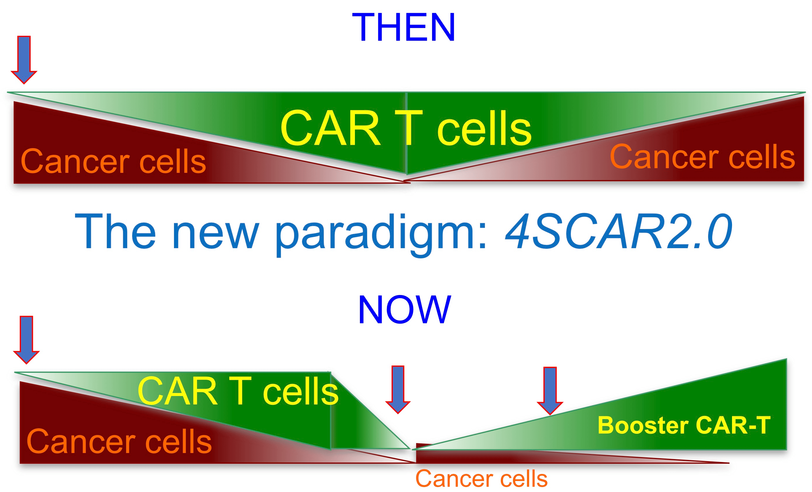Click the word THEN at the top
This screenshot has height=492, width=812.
tap(404, 27)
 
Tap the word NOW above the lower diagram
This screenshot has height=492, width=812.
tap(404, 310)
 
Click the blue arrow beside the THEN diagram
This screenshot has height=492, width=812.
tap(24, 60)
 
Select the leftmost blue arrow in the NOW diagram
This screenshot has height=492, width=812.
tap(26, 340)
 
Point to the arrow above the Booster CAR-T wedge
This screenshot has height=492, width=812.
tap(550, 391)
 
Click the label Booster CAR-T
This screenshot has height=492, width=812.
tap(684, 425)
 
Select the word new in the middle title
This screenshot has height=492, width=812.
tap(216, 235)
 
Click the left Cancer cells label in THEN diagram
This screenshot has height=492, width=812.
tap(113, 161)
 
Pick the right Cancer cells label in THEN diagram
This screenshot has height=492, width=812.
tap(702, 157)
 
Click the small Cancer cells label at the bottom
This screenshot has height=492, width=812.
tap(481, 479)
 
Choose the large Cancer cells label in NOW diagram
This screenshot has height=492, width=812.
tap(119, 441)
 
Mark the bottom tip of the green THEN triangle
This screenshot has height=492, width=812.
tap(406, 174)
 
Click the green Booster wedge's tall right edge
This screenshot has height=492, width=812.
tap(787, 404)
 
